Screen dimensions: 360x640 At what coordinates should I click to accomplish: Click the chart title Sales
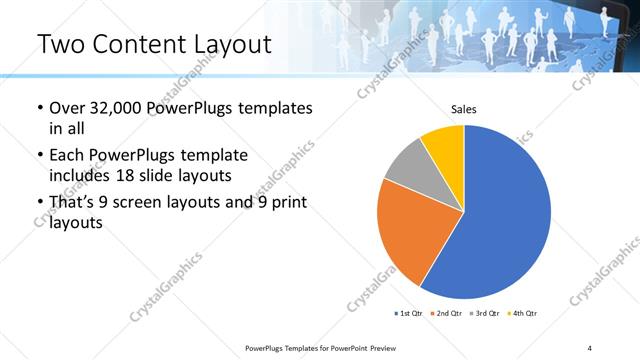pyautogui.click(x=463, y=109)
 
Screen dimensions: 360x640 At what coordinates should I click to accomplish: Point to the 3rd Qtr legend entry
pyautogui.click(x=487, y=313)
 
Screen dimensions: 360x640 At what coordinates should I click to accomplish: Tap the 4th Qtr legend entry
pyautogui.click(x=524, y=313)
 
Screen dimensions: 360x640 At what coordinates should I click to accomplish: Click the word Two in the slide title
pyautogui.click(x=61, y=44)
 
